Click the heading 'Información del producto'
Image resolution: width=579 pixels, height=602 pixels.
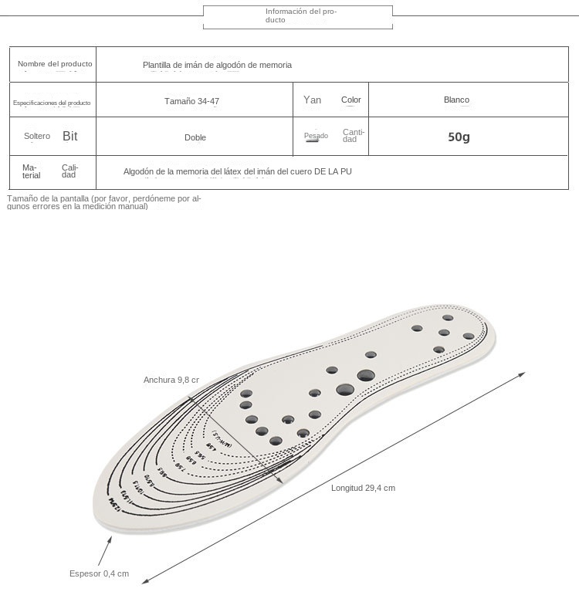click(300, 15)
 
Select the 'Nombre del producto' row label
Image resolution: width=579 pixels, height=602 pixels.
click(55, 64)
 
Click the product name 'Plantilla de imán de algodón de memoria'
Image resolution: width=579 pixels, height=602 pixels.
click(217, 66)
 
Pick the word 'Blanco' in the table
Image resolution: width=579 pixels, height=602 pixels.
click(456, 100)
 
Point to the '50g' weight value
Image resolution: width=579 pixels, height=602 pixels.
click(459, 137)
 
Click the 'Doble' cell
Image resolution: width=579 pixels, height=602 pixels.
click(195, 138)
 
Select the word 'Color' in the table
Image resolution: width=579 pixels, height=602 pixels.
click(351, 100)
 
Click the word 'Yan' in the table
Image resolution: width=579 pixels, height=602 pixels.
click(313, 100)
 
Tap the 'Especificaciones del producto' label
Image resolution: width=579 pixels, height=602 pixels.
click(52, 103)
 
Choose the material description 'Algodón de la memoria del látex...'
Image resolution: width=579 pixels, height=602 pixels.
click(237, 171)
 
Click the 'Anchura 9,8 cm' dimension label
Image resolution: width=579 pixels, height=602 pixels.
click(171, 380)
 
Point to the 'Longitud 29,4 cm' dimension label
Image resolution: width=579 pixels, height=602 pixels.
click(363, 488)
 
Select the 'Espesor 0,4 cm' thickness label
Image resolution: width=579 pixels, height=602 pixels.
click(99, 573)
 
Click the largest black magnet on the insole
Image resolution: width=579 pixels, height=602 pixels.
click(366, 376)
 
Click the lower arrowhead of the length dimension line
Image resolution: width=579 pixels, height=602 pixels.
click(145, 581)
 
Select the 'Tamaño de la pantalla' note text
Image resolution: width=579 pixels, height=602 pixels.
click(103, 202)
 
